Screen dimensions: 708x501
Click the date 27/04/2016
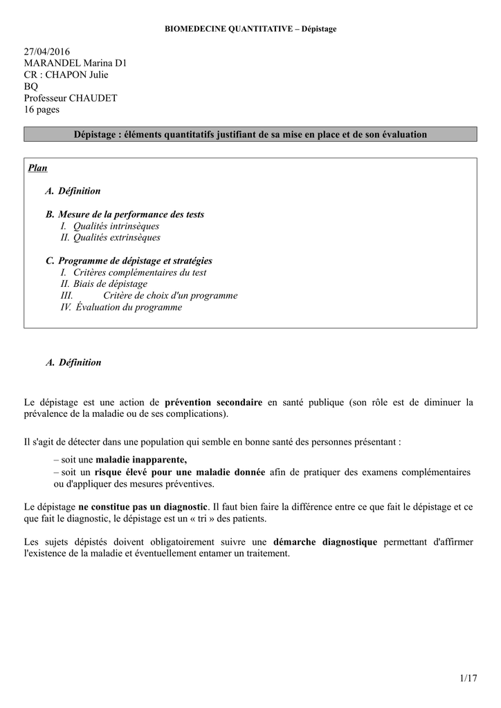[x=47, y=52]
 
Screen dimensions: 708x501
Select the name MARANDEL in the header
[x=53, y=64]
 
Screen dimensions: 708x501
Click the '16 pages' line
[x=42, y=109]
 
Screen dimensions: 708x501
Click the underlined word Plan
[x=38, y=168]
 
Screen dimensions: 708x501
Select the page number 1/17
[x=468, y=678]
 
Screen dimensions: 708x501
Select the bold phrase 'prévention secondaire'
[x=213, y=402]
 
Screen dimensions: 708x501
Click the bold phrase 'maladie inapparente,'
[x=140, y=460]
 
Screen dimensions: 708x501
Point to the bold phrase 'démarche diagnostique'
[x=325, y=542]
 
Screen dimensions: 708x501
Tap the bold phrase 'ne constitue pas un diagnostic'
[x=143, y=507]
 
